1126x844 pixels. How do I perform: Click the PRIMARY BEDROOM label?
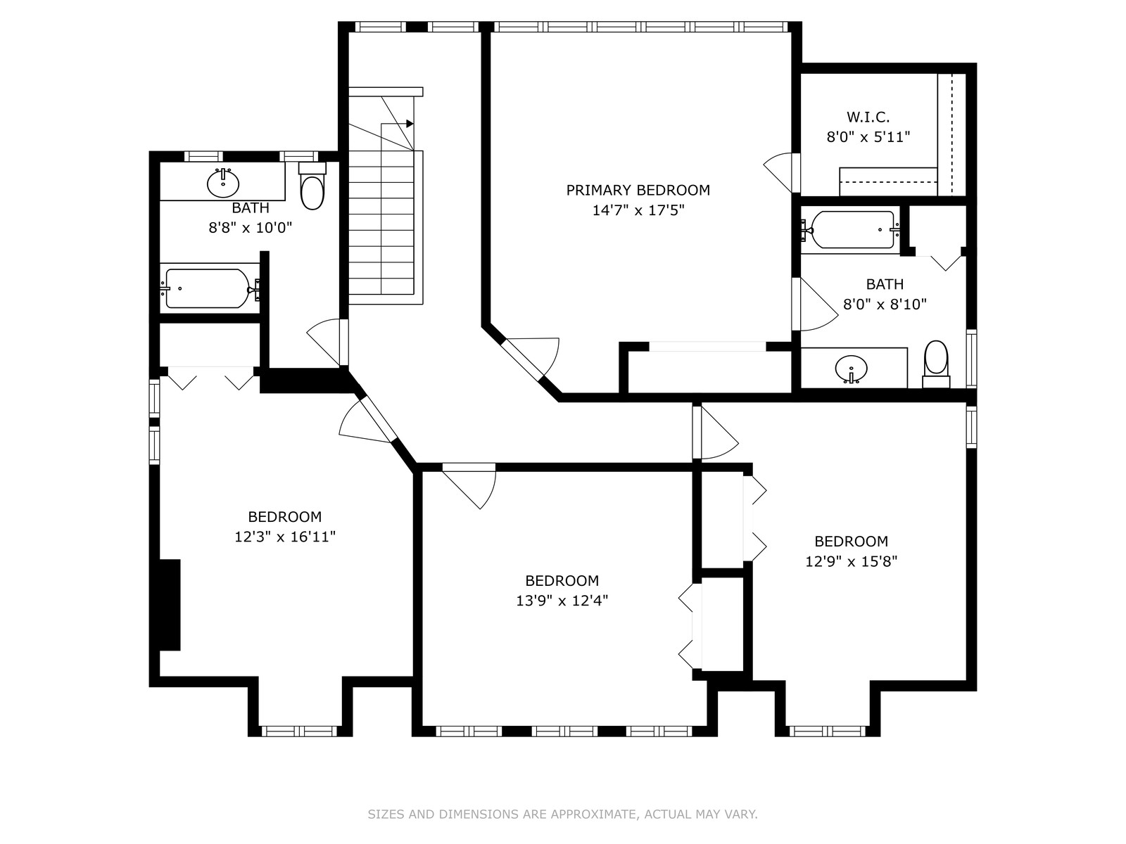pos(638,190)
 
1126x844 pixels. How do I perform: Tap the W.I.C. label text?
pos(868,117)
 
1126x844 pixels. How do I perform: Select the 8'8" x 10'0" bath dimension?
pos(251,227)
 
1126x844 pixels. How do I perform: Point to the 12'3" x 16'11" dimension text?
pos(285,537)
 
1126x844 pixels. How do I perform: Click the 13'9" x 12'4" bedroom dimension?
pos(562,600)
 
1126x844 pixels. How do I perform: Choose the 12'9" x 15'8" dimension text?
pos(851,562)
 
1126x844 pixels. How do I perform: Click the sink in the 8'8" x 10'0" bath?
pos(223,183)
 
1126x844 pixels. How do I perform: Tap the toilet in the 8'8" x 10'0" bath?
pos(312,186)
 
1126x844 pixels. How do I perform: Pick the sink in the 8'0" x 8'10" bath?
pos(851,369)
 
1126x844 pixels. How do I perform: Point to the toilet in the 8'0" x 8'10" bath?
pos(936,364)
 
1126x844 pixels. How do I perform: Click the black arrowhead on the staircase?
pos(410,124)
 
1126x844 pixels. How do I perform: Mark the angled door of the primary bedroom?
pos(530,359)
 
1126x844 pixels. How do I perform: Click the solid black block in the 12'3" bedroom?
pos(170,605)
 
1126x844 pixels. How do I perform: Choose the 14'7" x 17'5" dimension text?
pos(638,210)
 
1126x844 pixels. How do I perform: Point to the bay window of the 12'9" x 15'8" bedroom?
pos(828,731)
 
